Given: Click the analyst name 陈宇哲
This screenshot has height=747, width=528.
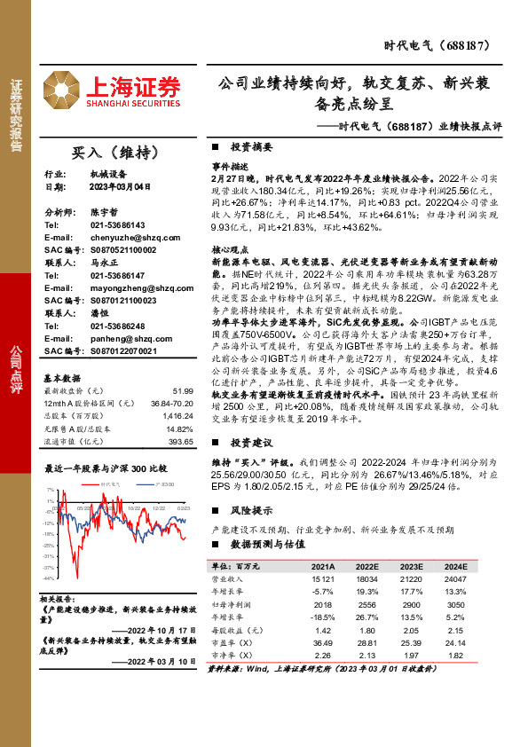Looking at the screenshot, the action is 105,214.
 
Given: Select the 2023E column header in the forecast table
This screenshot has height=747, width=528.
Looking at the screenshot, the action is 411,566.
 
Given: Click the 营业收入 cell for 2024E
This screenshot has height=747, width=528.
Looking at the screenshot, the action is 455,578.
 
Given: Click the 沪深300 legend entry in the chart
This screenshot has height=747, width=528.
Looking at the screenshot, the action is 165,485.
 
